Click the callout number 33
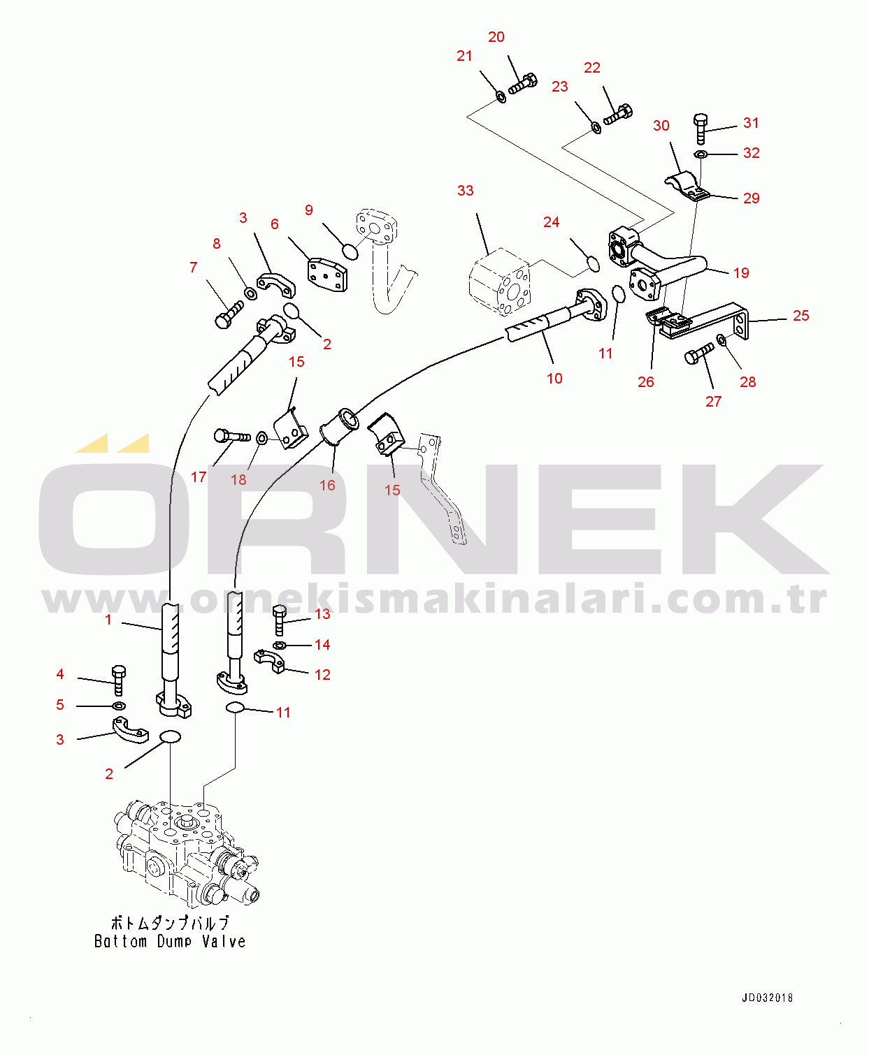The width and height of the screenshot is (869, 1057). click(465, 191)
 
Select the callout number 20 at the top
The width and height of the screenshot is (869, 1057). click(496, 37)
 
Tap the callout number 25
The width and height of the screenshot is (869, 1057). click(800, 316)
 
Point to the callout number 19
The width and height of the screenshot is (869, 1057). click(741, 273)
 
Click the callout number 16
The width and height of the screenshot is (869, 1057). click(327, 486)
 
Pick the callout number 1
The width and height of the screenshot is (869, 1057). click(108, 620)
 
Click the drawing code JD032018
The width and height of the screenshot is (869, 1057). click(767, 998)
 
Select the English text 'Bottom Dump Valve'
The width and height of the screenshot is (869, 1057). click(170, 942)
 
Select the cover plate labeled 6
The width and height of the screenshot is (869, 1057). click(326, 275)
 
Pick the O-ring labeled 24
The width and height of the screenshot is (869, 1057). click(592, 263)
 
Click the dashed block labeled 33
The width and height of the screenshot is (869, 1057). click(499, 282)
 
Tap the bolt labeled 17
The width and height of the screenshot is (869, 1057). click(231, 437)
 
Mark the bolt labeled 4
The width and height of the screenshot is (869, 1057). click(118, 680)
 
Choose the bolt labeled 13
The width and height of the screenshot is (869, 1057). click(279, 619)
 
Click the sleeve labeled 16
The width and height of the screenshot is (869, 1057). click(338, 425)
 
